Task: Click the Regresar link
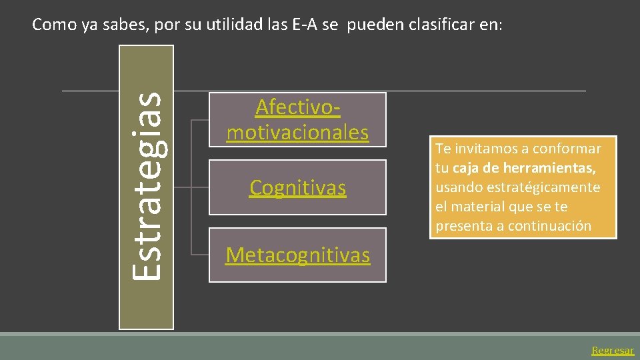pos(613,350)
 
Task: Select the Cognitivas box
pos(297,188)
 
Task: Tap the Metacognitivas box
pos(297,255)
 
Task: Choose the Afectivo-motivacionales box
pos(297,119)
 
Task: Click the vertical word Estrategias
pos(146,186)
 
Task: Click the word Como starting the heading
pos(54,25)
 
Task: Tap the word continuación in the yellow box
pos(549,226)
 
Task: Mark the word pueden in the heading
pos(371,25)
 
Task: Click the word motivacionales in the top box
pos(297,132)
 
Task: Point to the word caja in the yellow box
pos(466,168)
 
